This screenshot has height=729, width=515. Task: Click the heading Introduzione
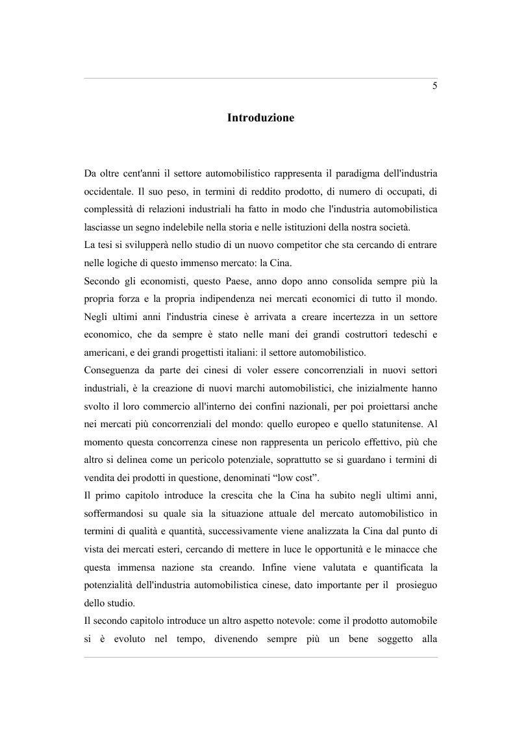pos(260,118)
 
